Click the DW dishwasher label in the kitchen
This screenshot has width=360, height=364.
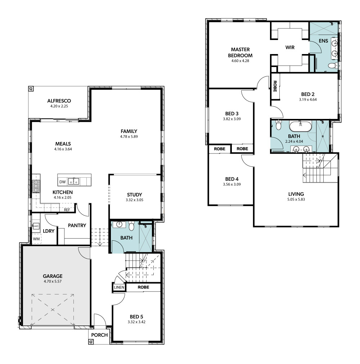click(62, 182)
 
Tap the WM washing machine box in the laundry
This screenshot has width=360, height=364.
click(36, 239)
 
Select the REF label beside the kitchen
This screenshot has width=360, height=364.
click(67, 210)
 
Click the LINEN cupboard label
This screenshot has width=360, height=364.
click(119, 287)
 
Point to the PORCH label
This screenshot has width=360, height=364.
click(99, 335)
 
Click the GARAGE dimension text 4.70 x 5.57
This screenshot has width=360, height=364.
click(53, 281)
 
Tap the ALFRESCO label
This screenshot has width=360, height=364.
click(59, 101)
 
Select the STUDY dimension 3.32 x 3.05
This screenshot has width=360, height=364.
click(135, 200)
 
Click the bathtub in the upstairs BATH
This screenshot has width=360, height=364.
click(301, 126)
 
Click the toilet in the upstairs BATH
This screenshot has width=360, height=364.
click(278, 125)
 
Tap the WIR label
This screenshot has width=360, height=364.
click(290, 47)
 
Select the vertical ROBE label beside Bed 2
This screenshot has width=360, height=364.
click(275, 86)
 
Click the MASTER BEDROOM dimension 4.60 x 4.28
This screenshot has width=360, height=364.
click(240, 61)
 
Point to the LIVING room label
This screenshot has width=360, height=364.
click(296, 194)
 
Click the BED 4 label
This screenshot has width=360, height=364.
click(232, 179)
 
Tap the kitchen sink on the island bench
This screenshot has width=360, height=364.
click(74, 181)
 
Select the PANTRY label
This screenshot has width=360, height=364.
click(77, 225)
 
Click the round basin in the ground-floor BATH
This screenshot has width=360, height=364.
click(119, 224)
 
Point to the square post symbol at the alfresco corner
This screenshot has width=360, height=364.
click(31, 89)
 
